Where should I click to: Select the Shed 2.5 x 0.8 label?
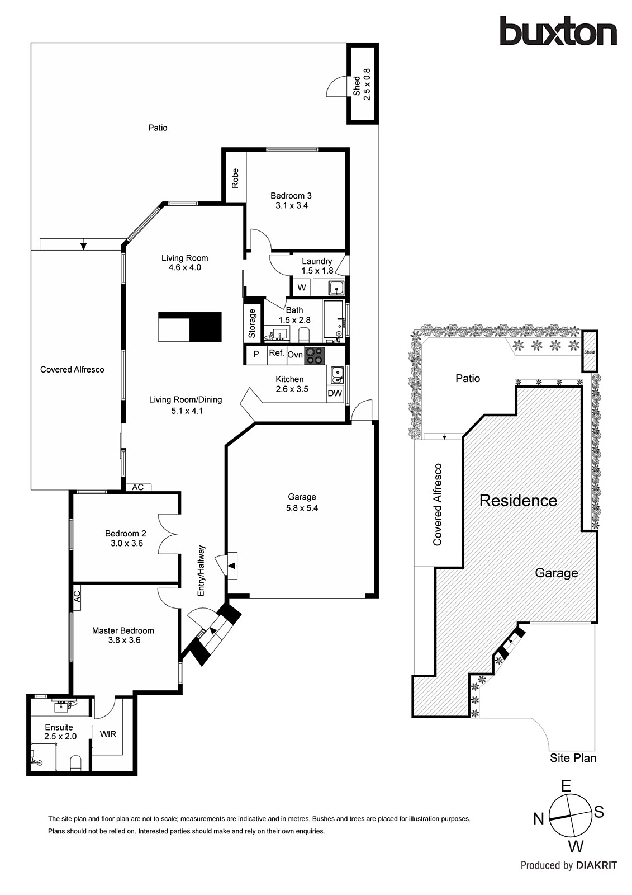[x=362, y=83]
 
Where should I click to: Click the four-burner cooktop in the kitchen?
[x=315, y=355]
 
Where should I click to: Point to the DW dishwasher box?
[x=335, y=393]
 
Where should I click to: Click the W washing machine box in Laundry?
[x=302, y=288]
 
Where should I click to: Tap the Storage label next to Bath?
[x=252, y=323]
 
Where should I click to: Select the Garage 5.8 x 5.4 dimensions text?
[x=302, y=508]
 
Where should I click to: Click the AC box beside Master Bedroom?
[x=78, y=596]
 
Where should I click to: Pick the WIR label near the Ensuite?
[x=108, y=734]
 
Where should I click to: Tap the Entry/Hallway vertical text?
[x=202, y=571]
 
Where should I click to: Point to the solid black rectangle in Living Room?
[x=206, y=327]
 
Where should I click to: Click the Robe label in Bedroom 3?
[x=235, y=178]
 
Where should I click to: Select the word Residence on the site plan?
[x=518, y=500]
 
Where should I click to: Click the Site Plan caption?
[x=573, y=758]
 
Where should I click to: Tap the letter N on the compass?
[x=538, y=819]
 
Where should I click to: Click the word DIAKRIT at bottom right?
[x=596, y=865]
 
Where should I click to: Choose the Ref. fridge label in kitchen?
[x=277, y=353]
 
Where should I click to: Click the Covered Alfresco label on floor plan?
[x=72, y=369]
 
